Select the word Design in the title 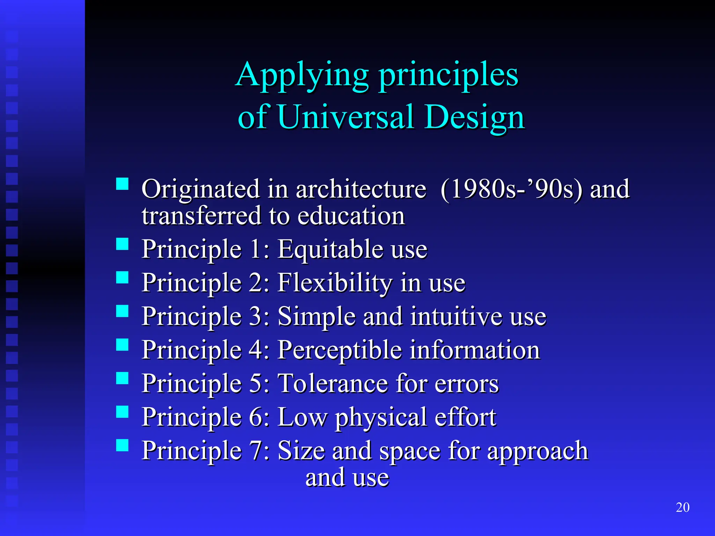tap(475, 118)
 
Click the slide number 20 tap(683, 507)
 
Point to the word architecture tap(361, 189)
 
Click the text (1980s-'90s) tap(511, 189)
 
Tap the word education tap(351, 216)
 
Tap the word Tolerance tap(333, 384)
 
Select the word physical tap(381, 417)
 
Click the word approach tap(538, 451)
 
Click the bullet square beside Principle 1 tap(122, 244)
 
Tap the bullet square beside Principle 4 tap(122, 345)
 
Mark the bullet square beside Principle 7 tap(122, 445)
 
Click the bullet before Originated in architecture tap(122, 184)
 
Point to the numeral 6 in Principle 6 tap(256, 417)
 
